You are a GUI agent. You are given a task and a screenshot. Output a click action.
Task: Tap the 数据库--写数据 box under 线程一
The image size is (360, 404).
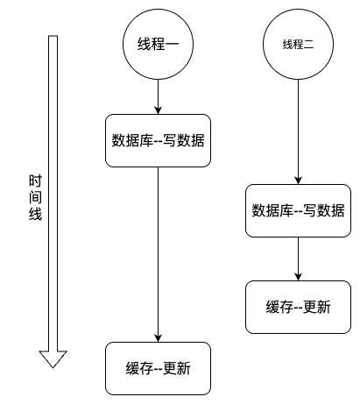[158, 140]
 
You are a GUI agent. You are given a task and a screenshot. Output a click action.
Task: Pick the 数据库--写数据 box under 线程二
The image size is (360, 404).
[298, 210]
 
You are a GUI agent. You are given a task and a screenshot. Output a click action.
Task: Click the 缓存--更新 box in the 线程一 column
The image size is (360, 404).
[158, 368]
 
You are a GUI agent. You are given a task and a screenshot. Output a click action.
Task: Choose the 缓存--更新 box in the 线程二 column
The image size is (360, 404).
[298, 308]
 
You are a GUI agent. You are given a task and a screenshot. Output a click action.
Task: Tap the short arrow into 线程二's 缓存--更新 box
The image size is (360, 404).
[298, 259]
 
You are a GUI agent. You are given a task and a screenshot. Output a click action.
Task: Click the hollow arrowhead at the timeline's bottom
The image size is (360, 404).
[53, 358]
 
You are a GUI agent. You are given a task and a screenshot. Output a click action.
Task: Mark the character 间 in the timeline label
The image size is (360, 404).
[32, 196]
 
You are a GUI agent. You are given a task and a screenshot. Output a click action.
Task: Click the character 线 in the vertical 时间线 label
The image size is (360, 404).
[32, 213]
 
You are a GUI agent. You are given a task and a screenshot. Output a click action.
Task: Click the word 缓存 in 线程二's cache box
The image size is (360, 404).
[279, 308]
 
